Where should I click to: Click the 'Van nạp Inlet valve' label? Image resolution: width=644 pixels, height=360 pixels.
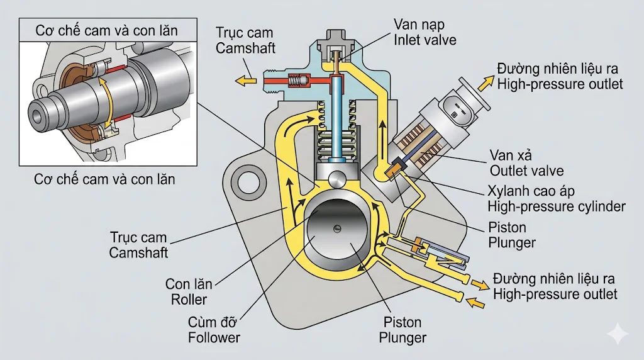click(425, 31)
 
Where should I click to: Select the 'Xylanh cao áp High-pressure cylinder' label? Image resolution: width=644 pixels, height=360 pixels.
click(557, 198)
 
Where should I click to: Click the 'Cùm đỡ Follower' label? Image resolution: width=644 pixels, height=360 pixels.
click(214, 330)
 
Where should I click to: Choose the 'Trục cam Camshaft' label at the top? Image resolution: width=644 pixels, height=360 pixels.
click(245, 39)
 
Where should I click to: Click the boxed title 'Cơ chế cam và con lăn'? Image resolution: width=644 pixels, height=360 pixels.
click(106, 30)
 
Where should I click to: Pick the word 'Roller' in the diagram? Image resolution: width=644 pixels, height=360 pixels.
click(189, 300)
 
